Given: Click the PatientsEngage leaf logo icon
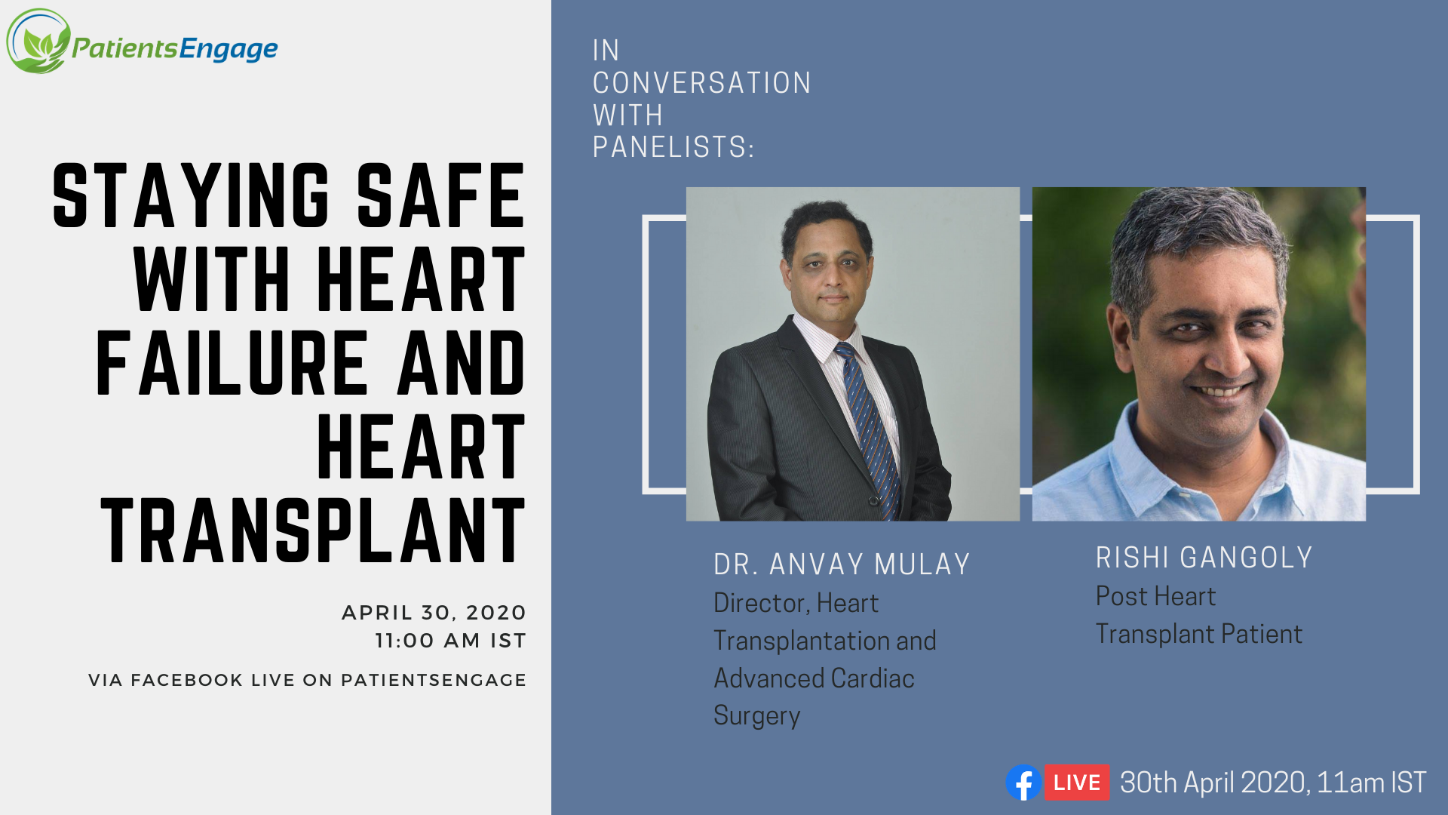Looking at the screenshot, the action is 38,42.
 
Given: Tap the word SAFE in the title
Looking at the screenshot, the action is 440,196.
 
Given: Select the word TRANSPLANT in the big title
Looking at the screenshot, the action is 313,531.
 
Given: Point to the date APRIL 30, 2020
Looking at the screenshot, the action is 434,613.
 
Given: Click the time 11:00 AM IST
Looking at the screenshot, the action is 450,641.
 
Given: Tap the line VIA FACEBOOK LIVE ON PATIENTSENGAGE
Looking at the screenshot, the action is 307,680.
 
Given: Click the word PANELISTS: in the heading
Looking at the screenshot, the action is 673,147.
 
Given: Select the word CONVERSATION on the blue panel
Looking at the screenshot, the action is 701,83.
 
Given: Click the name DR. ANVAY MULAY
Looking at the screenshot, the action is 842,564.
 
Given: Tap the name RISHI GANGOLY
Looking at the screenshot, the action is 1204,558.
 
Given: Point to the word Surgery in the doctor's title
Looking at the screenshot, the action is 756,715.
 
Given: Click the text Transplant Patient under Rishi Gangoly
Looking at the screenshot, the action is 1198,634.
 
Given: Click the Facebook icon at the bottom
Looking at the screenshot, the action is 1023,783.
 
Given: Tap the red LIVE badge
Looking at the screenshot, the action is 1077,783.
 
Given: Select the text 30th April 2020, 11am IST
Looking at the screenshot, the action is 1273,783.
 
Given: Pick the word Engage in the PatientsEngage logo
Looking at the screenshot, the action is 229,50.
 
